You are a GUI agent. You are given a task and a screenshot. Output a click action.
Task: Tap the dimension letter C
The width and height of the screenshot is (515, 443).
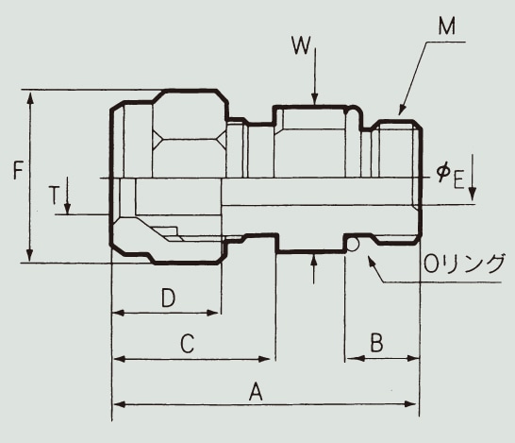(187, 344)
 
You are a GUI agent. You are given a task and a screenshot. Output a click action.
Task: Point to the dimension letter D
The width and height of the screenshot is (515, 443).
(166, 298)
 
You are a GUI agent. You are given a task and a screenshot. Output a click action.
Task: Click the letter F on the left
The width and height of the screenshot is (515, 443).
(16, 172)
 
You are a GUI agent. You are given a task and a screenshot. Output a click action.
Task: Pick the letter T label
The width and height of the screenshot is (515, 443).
(55, 196)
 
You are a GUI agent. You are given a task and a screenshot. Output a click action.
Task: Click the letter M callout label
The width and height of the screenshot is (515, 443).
(447, 26)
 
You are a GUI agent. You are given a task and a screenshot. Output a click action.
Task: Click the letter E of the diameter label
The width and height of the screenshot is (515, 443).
(458, 179)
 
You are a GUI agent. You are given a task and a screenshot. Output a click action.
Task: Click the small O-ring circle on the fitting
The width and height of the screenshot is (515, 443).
(352, 245)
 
